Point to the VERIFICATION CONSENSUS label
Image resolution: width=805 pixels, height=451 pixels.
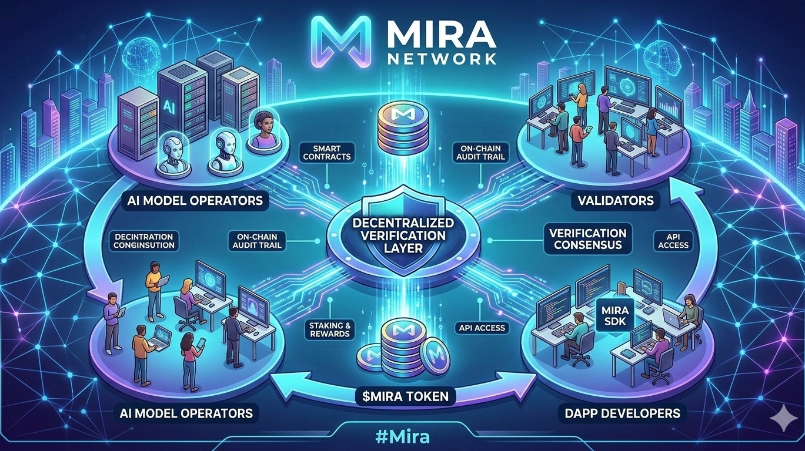point(587,239)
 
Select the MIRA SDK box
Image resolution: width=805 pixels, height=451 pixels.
point(612,314)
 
